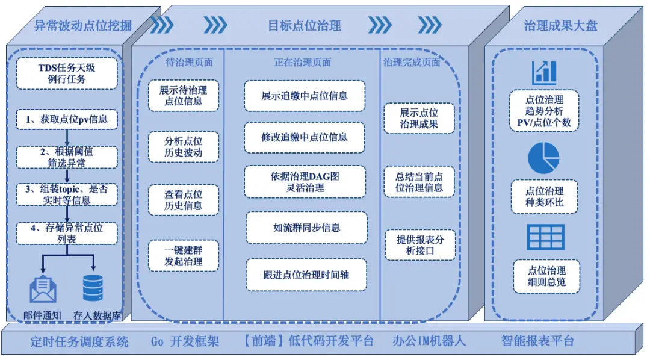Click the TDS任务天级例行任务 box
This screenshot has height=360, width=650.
(x=66, y=73)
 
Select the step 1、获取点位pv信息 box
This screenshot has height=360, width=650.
(x=66, y=119)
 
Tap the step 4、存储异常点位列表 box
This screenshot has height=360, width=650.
(x=66, y=233)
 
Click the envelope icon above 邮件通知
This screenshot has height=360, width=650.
(x=43, y=289)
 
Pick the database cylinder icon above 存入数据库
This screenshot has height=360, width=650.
(x=93, y=288)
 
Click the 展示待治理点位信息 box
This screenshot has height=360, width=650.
(x=184, y=96)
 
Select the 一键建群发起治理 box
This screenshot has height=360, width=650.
(x=184, y=255)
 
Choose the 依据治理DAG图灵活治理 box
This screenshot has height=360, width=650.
(x=305, y=181)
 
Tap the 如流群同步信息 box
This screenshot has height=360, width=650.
(x=306, y=228)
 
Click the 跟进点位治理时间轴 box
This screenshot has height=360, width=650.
(x=306, y=275)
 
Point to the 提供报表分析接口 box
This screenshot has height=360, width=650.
(x=419, y=244)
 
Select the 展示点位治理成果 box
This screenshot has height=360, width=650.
(x=419, y=118)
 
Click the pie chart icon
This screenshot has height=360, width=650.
(x=543, y=158)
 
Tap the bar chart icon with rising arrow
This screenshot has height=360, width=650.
(x=544, y=73)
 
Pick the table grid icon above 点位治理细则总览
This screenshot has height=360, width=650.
(x=545, y=237)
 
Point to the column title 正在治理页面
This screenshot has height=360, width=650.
(x=302, y=62)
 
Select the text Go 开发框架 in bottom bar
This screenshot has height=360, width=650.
(x=185, y=341)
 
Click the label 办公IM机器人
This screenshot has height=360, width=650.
(x=429, y=341)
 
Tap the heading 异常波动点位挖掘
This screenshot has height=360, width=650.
(x=82, y=25)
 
